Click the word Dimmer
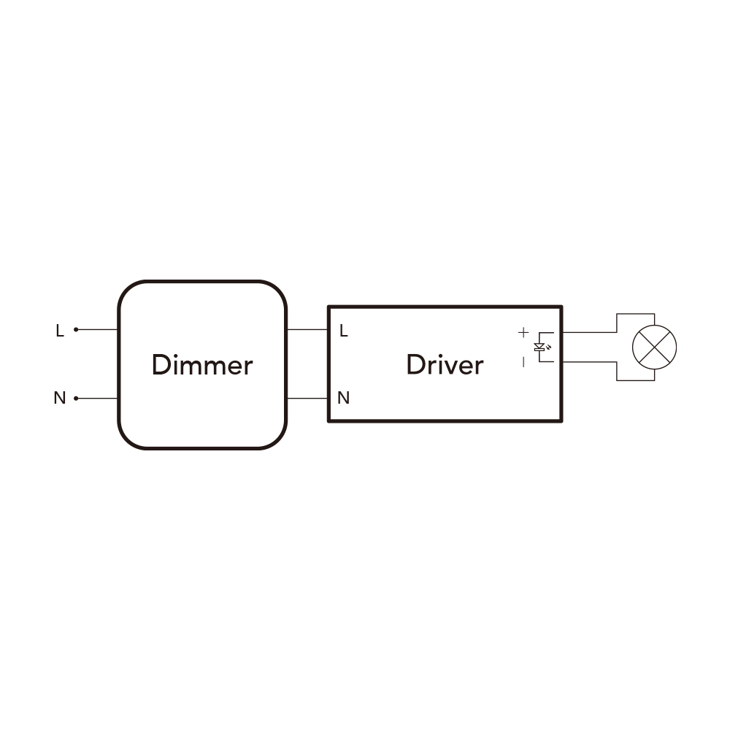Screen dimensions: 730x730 [202, 365]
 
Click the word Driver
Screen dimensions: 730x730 [445, 365]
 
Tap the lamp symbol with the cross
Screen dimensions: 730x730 [654, 347]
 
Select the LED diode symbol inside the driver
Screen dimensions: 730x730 [540, 347]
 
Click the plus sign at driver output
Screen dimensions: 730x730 [523, 332]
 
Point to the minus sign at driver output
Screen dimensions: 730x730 [523, 362]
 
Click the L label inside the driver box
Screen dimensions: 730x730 [344, 331]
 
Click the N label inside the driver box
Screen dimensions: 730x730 [343, 398]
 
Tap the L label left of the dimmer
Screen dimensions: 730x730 [60, 331]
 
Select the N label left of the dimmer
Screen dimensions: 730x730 [60, 398]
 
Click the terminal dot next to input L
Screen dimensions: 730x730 [76, 330]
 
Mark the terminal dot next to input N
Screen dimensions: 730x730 [76, 399]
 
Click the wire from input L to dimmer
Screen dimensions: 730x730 [97, 330]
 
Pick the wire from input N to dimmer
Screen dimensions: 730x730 [97, 399]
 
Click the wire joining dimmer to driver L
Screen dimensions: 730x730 [308, 330]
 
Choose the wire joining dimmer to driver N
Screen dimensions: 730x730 [308, 399]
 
